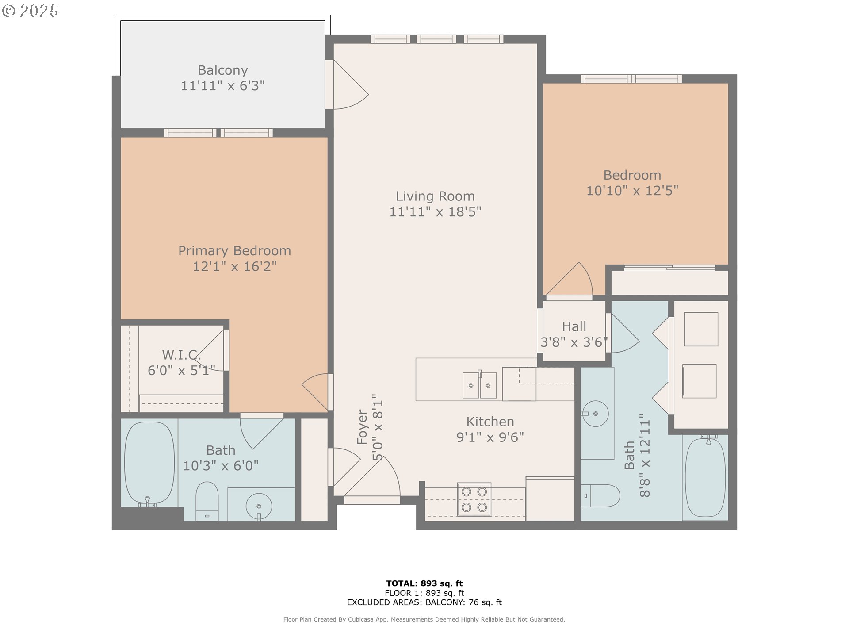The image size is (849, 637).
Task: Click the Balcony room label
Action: pyautogui.click(x=222, y=70)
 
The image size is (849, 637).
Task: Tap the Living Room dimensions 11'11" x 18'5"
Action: pyautogui.click(x=435, y=212)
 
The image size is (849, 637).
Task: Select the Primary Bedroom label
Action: pyautogui.click(x=234, y=251)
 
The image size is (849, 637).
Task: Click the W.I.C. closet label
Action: pyautogui.click(x=181, y=355)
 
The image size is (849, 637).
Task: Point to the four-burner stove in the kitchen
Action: pyautogui.click(x=474, y=499)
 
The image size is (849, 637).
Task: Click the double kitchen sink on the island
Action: pyautogui.click(x=479, y=385)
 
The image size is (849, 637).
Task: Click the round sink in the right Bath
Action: pyautogui.click(x=595, y=414)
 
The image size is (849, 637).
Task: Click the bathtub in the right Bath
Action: pyautogui.click(x=705, y=477)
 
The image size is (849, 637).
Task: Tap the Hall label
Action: pyautogui.click(x=574, y=326)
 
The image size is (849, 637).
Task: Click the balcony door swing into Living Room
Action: pyautogui.click(x=349, y=86)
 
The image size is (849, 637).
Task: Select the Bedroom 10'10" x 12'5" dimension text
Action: pyautogui.click(x=632, y=191)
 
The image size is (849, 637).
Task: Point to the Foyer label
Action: pyautogui.click(x=362, y=427)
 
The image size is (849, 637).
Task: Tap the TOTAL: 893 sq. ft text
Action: pyautogui.click(x=424, y=583)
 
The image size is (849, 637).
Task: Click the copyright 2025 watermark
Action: pyautogui.click(x=31, y=11)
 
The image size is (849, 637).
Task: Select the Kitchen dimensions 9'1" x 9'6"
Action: pyautogui.click(x=490, y=437)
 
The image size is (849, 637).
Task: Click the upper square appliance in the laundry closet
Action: pyautogui.click(x=701, y=329)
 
